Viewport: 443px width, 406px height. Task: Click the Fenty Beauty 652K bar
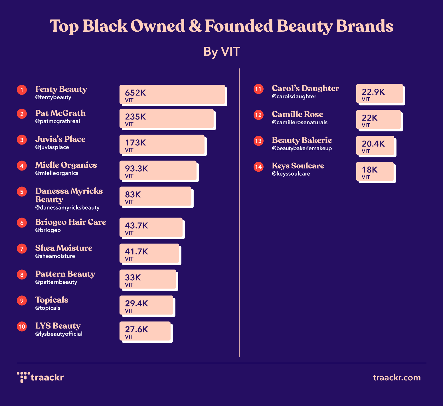(173, 95)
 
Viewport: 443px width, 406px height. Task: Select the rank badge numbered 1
(22, 90)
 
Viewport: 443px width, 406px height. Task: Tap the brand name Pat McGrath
(60, 113)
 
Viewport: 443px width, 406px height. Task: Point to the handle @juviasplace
(52, 147)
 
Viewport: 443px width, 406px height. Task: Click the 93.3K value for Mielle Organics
(137, 169)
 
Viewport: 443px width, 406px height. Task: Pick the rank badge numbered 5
(22, 192)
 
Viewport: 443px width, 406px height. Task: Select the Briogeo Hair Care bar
(151, 228)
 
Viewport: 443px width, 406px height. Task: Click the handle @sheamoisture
(55, 256)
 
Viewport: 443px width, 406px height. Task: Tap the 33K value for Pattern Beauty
(133, 277)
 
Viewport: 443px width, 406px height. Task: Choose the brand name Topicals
(52, 300)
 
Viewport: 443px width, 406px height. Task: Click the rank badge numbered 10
(22, 326)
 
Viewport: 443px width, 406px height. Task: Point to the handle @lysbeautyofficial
(59, 334)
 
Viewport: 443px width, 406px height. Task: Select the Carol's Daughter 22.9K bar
(380, 94)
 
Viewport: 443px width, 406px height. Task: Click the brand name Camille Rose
(297, 114)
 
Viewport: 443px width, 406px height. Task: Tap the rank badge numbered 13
(258, 141)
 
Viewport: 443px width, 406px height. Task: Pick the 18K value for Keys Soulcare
(369, 170)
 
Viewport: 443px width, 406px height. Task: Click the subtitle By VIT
(222, 52)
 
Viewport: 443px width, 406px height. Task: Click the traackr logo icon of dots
(23, 377)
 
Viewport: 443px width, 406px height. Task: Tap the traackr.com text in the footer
(397, 377)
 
